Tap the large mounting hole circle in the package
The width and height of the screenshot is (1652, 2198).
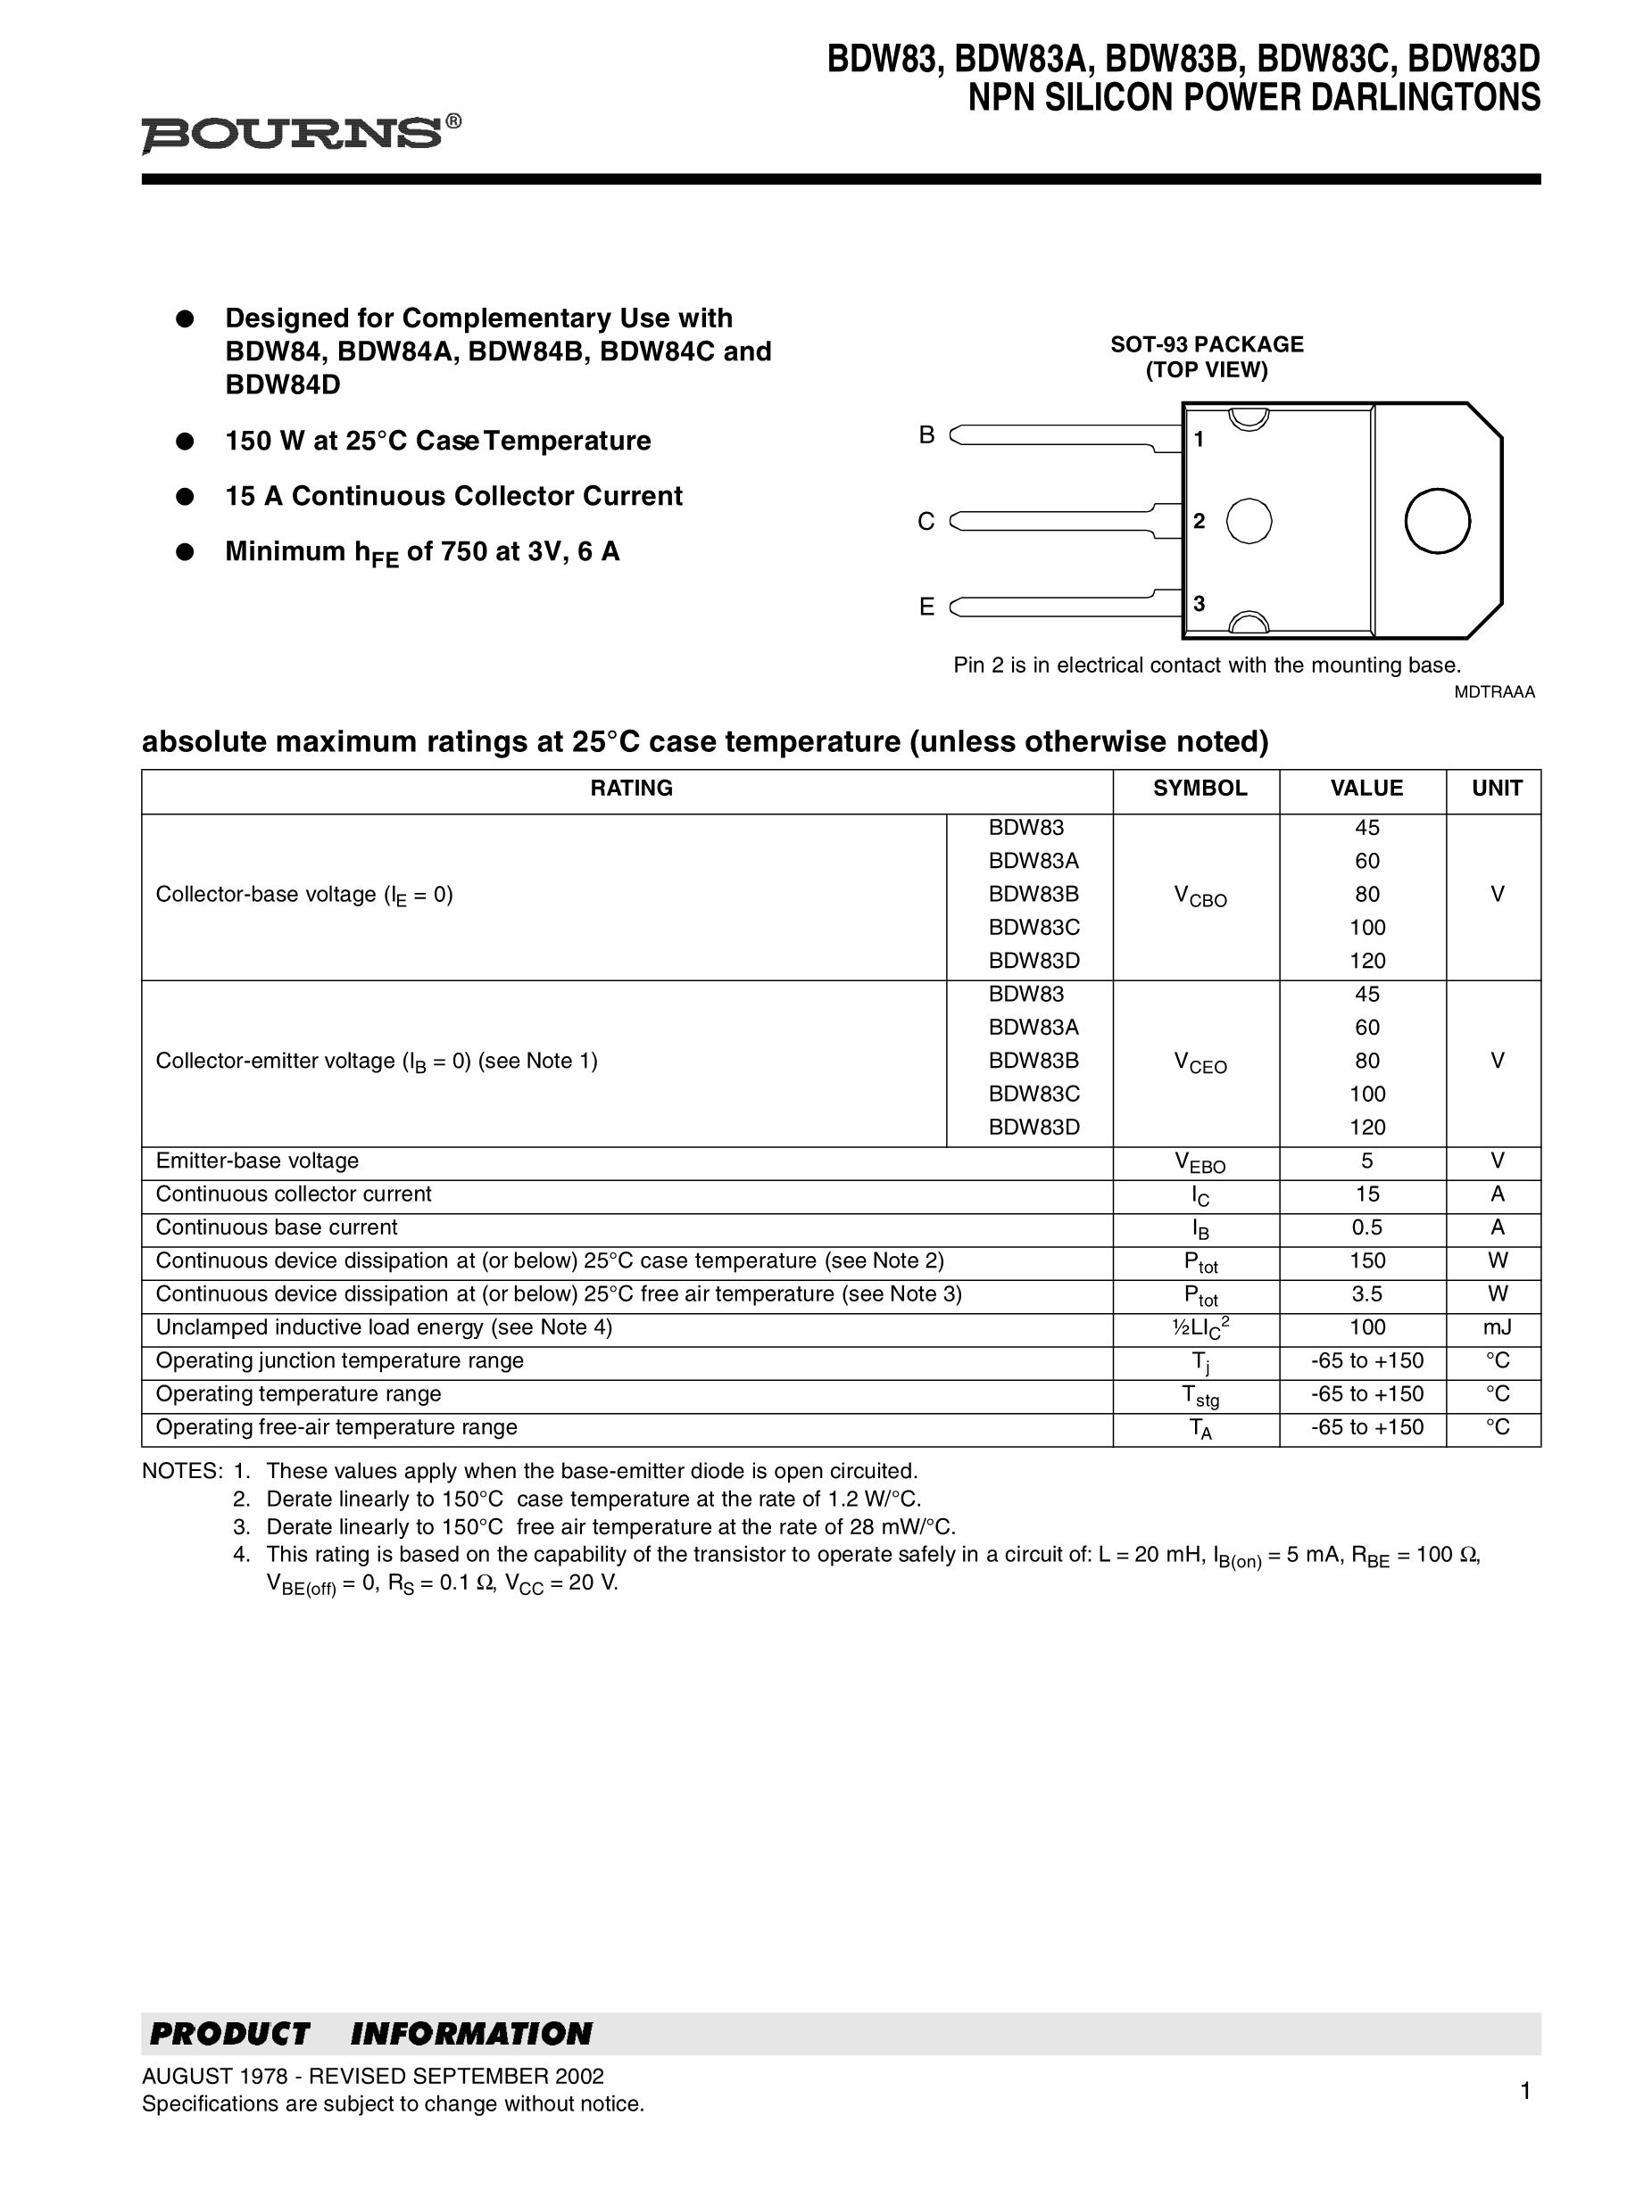pos(1436,521)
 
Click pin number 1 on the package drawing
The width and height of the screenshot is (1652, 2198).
pos(1199,439)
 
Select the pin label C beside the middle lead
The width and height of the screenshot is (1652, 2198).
pos(926,522)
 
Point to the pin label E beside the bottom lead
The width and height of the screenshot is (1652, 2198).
pos(926,607)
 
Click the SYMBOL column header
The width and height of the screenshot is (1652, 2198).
pos(1199,788)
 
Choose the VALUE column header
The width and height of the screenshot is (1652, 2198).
pos(1366,788)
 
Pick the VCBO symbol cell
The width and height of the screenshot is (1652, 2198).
pos(1200,897)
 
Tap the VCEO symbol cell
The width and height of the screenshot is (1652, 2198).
pos(1200,1063)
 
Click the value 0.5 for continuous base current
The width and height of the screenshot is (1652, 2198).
pos(1366,1228)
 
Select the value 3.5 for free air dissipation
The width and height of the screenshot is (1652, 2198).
pos(1366,1294)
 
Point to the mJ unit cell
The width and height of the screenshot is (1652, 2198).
pos(1497,1327)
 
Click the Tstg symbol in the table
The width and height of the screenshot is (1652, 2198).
pos(1200,1396)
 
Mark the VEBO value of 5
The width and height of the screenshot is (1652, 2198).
pos(1366,1161)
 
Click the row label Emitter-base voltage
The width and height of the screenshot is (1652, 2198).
pos(256,1161)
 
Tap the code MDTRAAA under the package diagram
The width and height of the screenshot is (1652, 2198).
pos(1494,692)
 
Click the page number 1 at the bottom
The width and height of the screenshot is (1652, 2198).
pos(1524,2092)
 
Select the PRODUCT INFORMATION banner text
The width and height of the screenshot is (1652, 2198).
pos(369,2034)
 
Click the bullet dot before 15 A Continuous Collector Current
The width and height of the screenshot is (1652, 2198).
pos(184,497)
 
